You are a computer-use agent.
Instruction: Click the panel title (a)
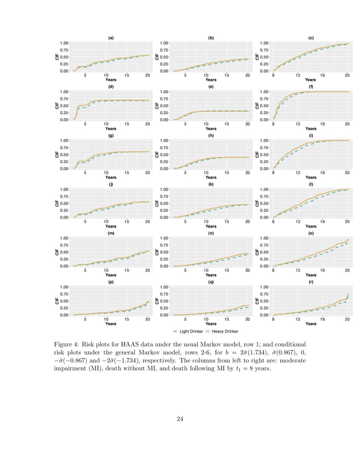point(111,38)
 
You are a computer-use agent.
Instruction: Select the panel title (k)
point(210,184)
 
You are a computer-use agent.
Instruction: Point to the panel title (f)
point(310,87)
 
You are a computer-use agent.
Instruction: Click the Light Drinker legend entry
point(188,331)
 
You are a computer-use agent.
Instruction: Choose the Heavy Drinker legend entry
point(222,331)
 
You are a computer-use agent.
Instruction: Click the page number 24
point(180,419)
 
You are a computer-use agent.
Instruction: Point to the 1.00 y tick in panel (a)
point(64,43)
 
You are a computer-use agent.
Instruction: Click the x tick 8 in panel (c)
point(274,75)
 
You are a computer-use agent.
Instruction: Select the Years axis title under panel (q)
point(210,324)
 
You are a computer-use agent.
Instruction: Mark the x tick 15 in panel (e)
point(227,124)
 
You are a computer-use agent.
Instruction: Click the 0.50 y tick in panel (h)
point(164,155)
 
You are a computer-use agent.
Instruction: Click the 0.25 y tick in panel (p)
point(64,308)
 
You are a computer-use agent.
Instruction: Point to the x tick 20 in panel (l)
point(347,222)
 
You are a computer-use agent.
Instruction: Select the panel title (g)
point(111,136)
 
